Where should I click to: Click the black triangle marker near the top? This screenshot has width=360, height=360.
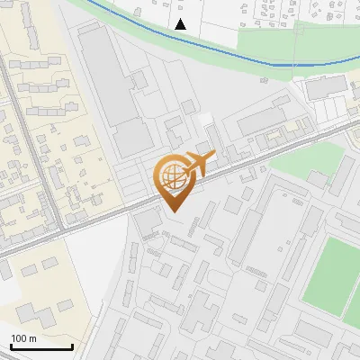(x=181, y=24)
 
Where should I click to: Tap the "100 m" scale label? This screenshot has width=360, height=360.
(x=24, y=338)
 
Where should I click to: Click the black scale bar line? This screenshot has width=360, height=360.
(x=41, y=346)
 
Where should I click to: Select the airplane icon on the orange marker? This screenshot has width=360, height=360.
(x=198, y=163)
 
